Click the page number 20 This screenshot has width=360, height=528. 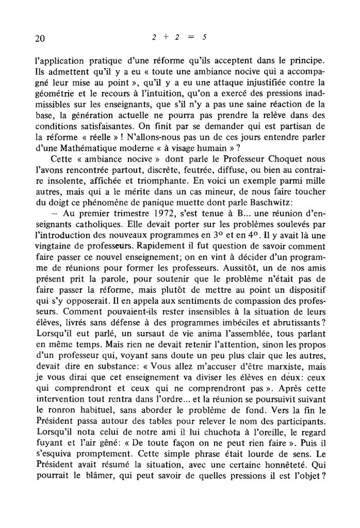37,38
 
